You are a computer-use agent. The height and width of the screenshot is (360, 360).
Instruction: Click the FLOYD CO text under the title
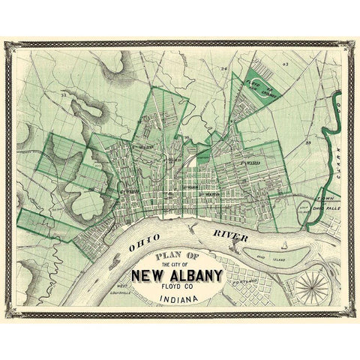point(177,285)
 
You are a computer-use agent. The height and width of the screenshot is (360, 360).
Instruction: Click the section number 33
point(65,97)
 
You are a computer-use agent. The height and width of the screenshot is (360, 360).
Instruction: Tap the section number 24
point(223,70)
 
